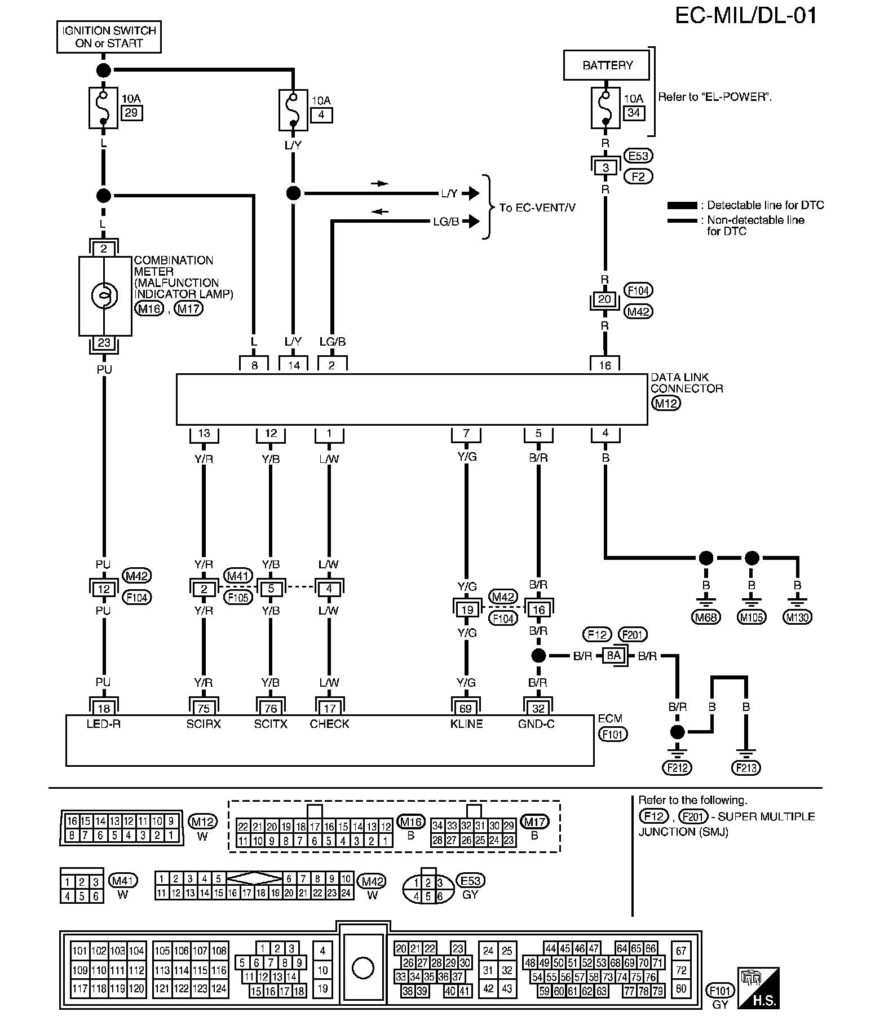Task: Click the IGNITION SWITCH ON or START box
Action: [109, 37]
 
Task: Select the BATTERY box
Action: [607, 65]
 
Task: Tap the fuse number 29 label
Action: [131, 113]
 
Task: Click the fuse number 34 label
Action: [634, 113]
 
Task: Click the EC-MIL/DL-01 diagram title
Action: [746, 16]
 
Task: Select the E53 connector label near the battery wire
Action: [638, 156]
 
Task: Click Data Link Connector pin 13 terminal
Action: [204, 434]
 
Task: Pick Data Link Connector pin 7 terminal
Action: [466, 434]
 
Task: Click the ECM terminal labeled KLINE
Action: [466, 724]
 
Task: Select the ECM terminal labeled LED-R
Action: [104, 724]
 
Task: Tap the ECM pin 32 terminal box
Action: [538, 708]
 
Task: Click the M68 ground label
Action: [705, 617]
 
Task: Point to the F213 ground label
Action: [745, 767]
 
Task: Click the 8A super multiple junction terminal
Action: [614, 655]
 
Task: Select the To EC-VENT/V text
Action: [537, 207]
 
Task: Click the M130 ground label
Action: [797, 617]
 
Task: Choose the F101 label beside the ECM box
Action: [613, 734]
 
